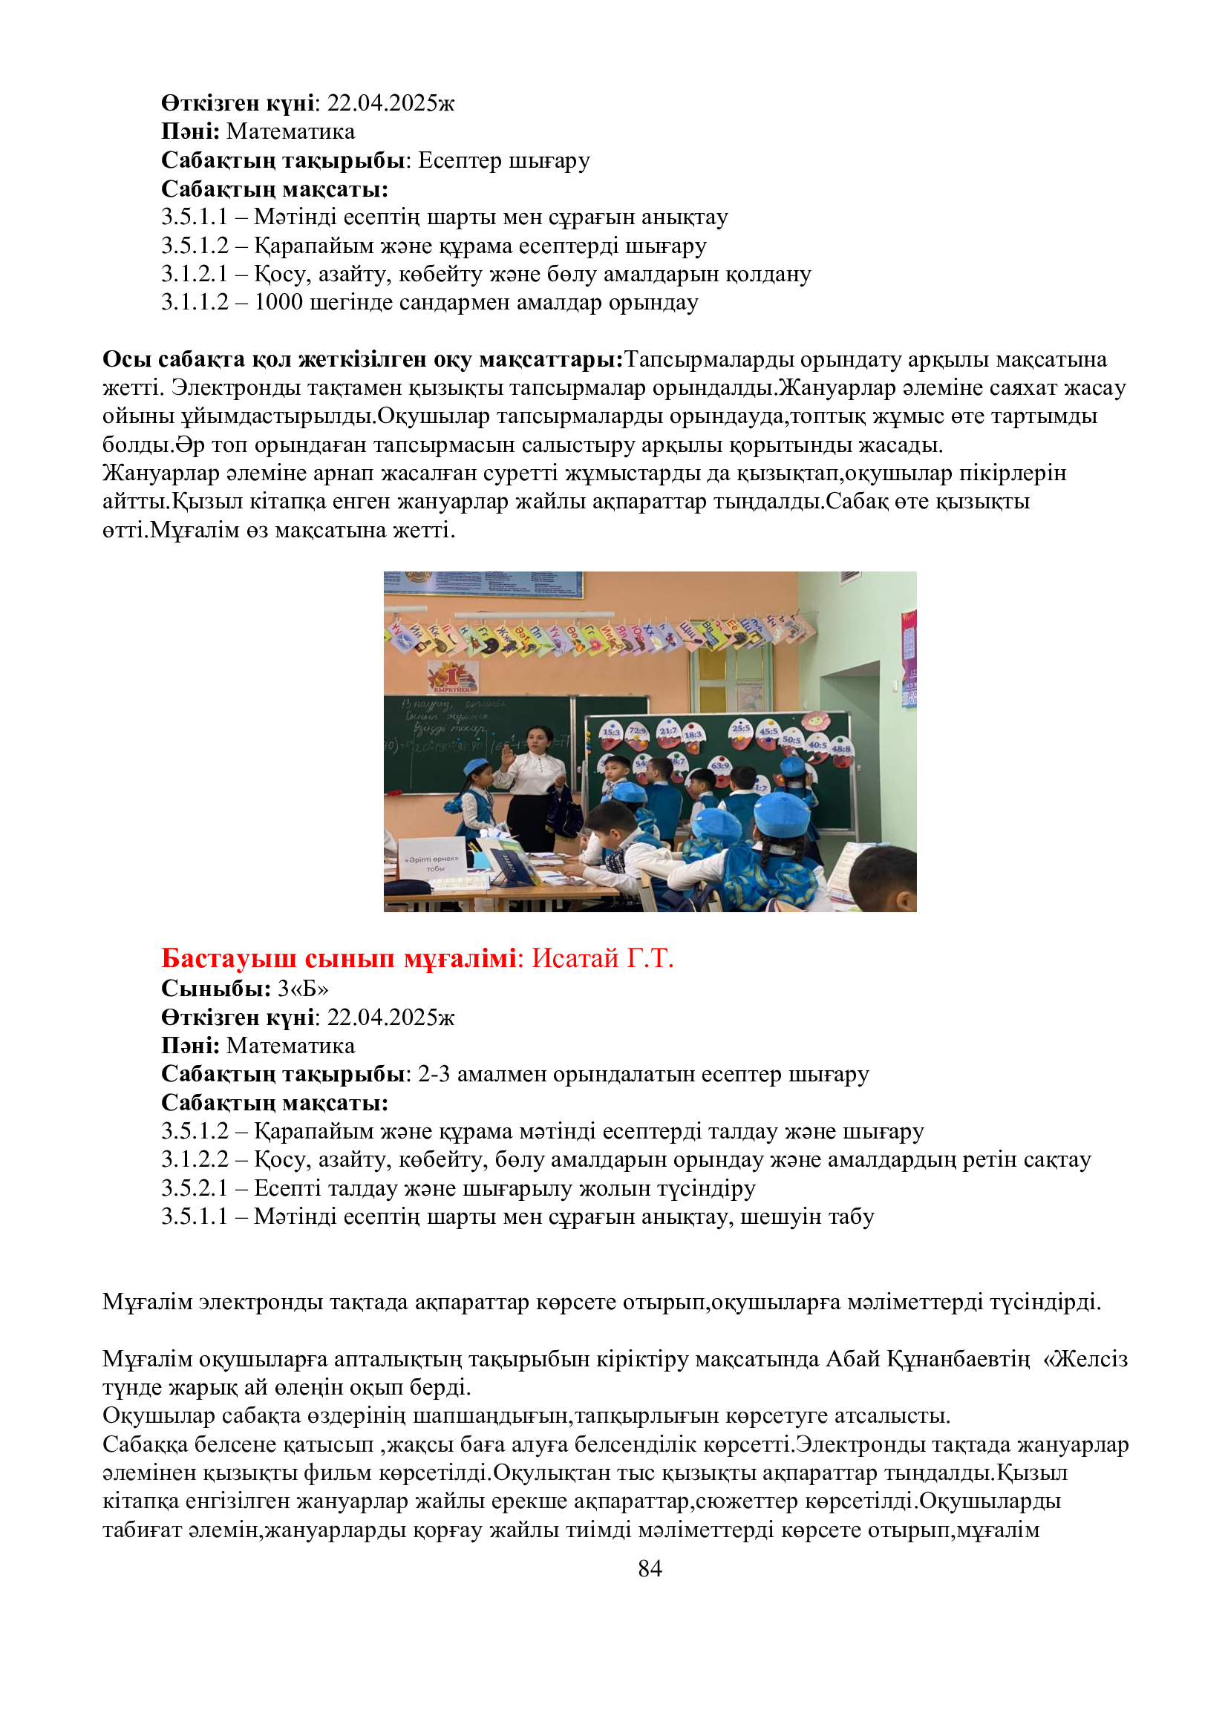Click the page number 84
pos(650,1568)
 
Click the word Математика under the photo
pos(290,1046)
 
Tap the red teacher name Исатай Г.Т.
pos(602,959)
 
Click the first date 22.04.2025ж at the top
pos(391,103)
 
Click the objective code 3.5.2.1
pos(195,1188)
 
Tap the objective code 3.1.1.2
pos(195,302)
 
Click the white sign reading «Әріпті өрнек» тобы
pos(431,862)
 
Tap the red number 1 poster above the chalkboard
pos(452,676)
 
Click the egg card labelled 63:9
pos(719,765)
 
